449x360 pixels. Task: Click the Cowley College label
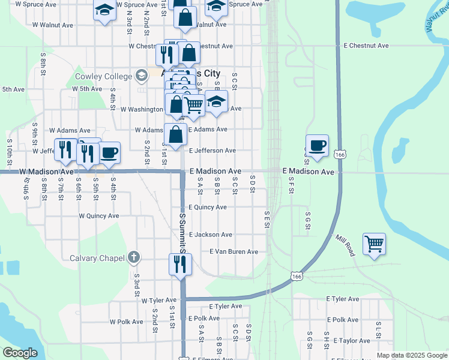[x=103, y=76]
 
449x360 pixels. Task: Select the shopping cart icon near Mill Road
[x=374, y=244]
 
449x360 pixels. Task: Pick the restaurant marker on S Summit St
[x=179, y=265]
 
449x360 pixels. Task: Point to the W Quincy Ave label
[x=100, y=216]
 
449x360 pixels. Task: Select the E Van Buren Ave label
[x=234, y=252]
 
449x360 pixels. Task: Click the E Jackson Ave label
[x=210, y=235]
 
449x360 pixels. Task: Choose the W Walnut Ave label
[x=53, y=25]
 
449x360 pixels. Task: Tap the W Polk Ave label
[x=126, y=322]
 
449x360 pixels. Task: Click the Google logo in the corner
[x=20, y=353]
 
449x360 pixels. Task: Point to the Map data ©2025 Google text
[x=412, y=355]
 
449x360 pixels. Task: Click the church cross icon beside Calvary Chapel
[x=134, y=258]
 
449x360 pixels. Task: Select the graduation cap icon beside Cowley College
[x=141, y=76]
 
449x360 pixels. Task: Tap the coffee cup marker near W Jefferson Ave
[x=109, y=152]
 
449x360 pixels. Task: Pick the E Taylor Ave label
[x=348, y=340]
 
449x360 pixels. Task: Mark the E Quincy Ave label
[x=207, y=207]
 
